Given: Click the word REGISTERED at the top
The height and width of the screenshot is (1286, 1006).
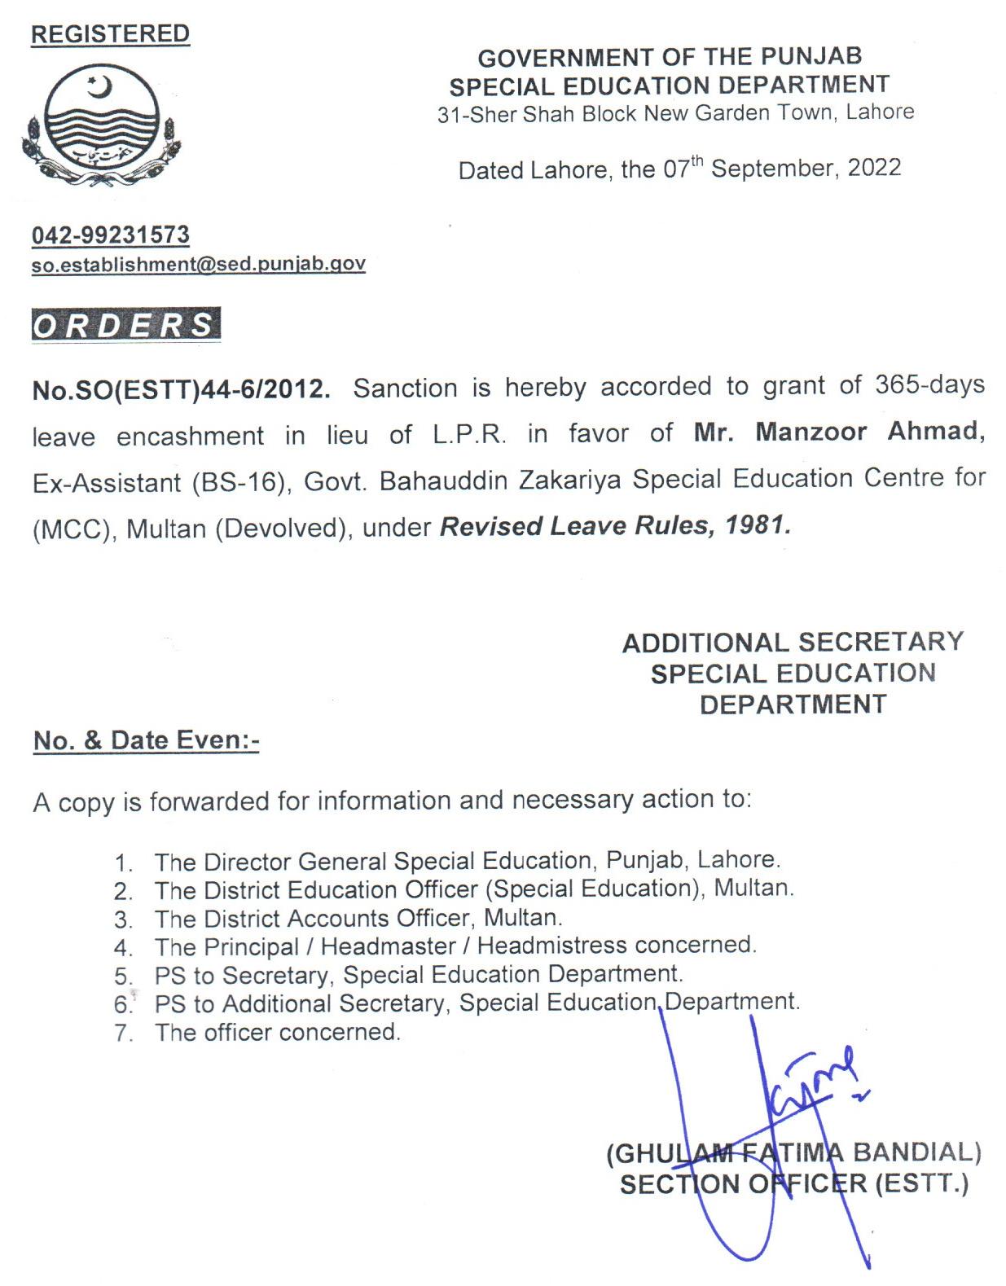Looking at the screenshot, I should pyautogui.click(x=110, y=33).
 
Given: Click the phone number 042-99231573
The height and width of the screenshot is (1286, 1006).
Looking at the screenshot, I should pyautogui.click(x=111, y=235).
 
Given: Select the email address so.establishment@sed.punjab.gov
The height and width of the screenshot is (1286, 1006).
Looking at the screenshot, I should pyautogui.click(x=198, y=264).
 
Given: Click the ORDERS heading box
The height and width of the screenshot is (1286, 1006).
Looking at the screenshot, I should pyautogui.click(x=125, y=324).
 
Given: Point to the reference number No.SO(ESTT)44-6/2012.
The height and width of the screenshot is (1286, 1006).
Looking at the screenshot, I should pyautogui.click(x=181, y=389).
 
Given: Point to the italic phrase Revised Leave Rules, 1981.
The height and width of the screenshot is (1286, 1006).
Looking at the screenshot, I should pyautogui.click(x=615, y=526).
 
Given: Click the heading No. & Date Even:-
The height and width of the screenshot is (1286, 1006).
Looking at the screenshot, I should pyautogui.click(x=146, y=740).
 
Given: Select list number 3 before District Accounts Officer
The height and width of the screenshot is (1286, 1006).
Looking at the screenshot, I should pyautogui.click(x=123, y=920).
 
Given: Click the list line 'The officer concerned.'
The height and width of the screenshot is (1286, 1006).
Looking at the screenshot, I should pyautogui.click(x=277, y=1033).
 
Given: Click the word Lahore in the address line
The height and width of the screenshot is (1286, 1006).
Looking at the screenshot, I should pyautogui.click(x=880, y=112).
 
